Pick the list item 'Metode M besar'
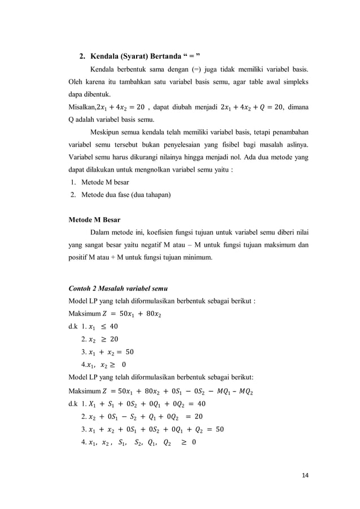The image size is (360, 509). [x=105, y=182]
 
